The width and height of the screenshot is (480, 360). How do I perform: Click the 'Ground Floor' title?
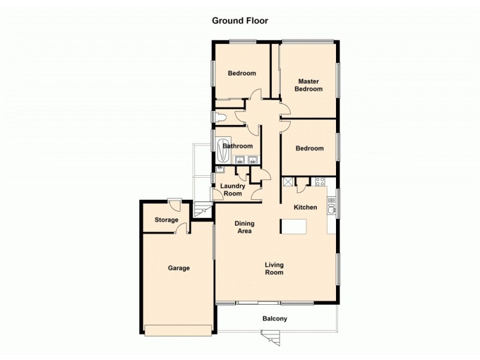(x=240, y=20)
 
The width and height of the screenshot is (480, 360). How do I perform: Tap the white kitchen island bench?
(x=294, y=226)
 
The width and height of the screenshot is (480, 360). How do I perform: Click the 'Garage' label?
(x=178, y=268)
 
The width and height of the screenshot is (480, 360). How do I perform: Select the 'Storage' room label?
(x=166, y=220)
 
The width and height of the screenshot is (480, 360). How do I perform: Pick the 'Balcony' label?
(x=275, y=319)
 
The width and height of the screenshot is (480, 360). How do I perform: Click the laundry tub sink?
(x=219, y=170)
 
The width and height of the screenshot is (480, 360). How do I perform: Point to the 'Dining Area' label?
(x=244, y=227)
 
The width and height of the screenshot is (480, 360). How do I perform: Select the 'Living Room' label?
(x=274, y=268)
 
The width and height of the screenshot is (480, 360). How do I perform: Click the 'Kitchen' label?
(x=305, y=207)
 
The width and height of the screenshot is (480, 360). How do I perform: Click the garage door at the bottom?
(x=178, y=329)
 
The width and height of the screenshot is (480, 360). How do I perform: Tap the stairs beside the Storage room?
(x=203, y=209)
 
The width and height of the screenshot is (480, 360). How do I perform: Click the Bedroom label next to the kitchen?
(x=310, y=148)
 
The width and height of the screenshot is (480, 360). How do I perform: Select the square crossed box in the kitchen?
(x=287, y=181)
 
